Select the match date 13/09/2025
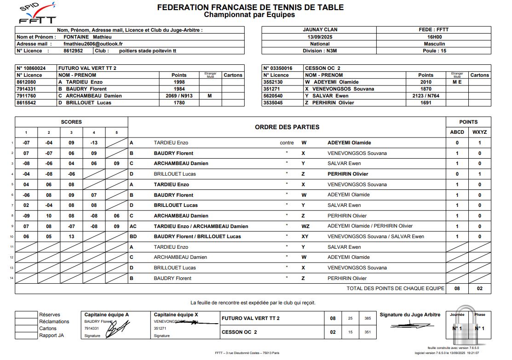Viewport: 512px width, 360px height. point(320,37)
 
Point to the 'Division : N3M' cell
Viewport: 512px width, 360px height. point(320,51)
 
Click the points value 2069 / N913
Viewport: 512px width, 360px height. point(179,96)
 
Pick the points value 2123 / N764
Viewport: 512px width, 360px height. point(426,96)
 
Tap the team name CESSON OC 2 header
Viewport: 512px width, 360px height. point(322,68)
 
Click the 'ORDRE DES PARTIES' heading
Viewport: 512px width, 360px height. point(287,127)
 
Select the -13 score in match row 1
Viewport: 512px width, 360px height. point(94,143)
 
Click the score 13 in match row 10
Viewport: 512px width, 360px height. point(71,237)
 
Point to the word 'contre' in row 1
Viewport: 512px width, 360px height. point(287,143)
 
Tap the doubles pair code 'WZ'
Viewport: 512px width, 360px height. point(305,226)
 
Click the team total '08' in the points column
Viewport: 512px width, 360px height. point(457,289)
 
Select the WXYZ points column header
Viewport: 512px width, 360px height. point(479,132)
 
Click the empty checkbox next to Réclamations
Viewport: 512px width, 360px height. point(26,322)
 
